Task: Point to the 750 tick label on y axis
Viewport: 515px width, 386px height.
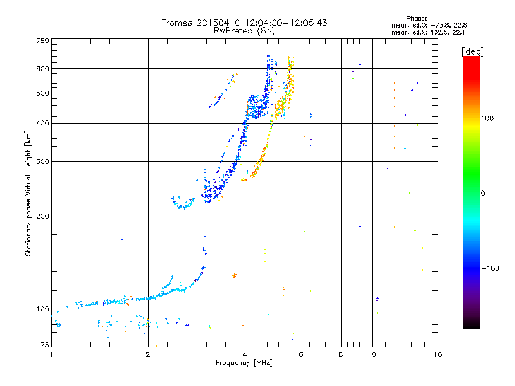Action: point(42,41)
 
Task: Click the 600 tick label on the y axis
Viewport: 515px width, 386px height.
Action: point(42,69)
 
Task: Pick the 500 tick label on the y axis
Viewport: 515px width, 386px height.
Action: point(42,93)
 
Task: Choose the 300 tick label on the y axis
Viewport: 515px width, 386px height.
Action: point(42,162)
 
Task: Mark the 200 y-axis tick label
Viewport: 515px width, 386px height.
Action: point(42,216)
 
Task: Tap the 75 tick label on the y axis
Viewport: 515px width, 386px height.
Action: point(44,345)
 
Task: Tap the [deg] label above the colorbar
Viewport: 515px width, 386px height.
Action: point(473,51)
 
